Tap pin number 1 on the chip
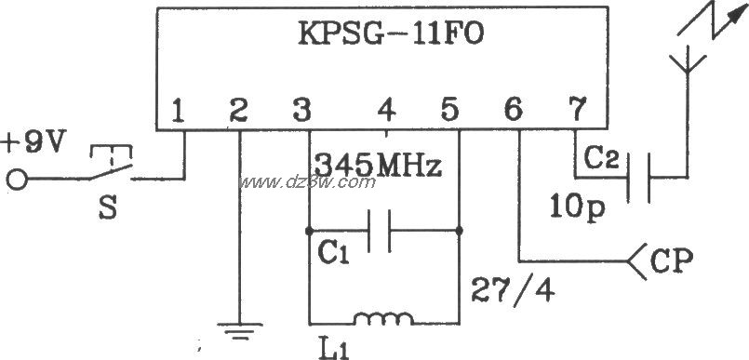point(180,112)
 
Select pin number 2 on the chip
point(238,112)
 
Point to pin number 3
point(300,112)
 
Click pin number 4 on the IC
point(385,112)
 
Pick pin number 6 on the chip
point(513,112)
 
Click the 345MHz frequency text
point(376,167)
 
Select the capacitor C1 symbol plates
point(381,230)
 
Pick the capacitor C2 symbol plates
point(637,177)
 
